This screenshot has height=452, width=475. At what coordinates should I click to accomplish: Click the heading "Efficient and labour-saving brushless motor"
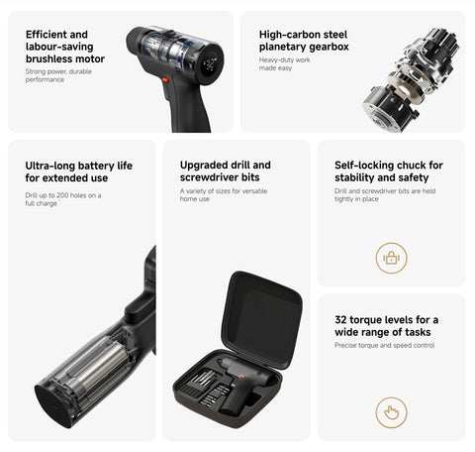click(x=65, y=47)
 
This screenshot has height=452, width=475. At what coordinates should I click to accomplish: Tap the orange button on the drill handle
click(x=165, y=80)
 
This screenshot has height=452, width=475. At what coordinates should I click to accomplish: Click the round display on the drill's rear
click(x=210, y=64)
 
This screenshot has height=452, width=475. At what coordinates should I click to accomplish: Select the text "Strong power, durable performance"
click(x=58, y=75)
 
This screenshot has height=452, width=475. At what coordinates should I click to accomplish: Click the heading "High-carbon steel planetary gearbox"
click(x=304, y=41)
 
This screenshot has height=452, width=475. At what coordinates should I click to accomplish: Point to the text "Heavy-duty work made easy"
click(x=284, y=63)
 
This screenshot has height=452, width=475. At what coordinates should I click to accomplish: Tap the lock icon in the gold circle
click(x=392, y=258)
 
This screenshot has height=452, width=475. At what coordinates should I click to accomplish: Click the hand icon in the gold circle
click(x=392, y=412)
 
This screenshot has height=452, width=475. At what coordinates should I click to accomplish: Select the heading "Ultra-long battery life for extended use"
click(x=79, y=171)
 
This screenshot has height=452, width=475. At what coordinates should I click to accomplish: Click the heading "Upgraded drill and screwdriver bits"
click(x=226, y=170)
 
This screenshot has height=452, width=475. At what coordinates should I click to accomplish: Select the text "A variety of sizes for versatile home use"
click(x=224, y=195)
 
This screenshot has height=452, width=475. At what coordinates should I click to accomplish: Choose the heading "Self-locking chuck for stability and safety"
click(x=389, y=171)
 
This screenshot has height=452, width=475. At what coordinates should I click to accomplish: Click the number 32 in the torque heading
click(x=340, y=320)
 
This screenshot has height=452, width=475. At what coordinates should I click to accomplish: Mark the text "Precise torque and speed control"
click(x=384, y=345)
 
